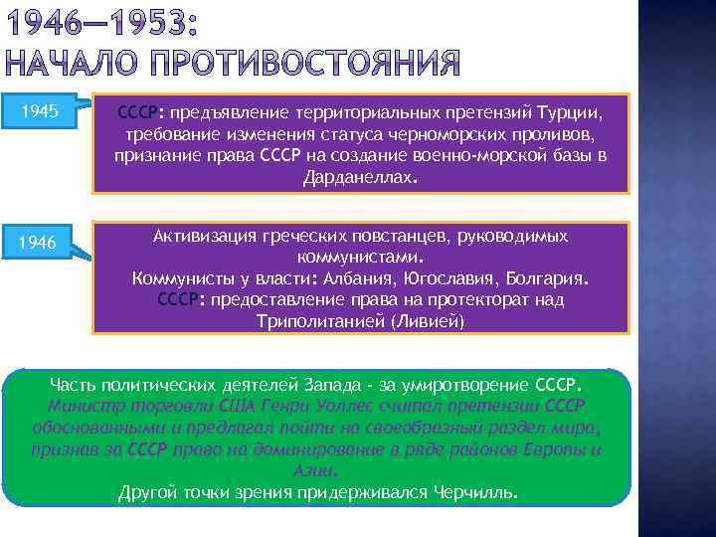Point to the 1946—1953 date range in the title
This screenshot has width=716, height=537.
tap(114, 21)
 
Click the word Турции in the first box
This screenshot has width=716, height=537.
tap(578, 112)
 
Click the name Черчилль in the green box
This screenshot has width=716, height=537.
tap(468, 492)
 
